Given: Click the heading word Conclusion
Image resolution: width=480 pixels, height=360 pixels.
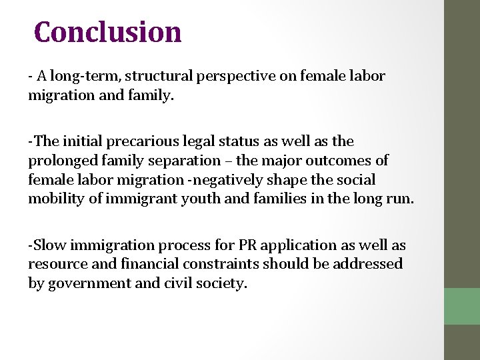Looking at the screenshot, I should point(107,31).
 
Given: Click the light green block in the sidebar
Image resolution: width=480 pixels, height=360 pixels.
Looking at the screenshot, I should point(462,306).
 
